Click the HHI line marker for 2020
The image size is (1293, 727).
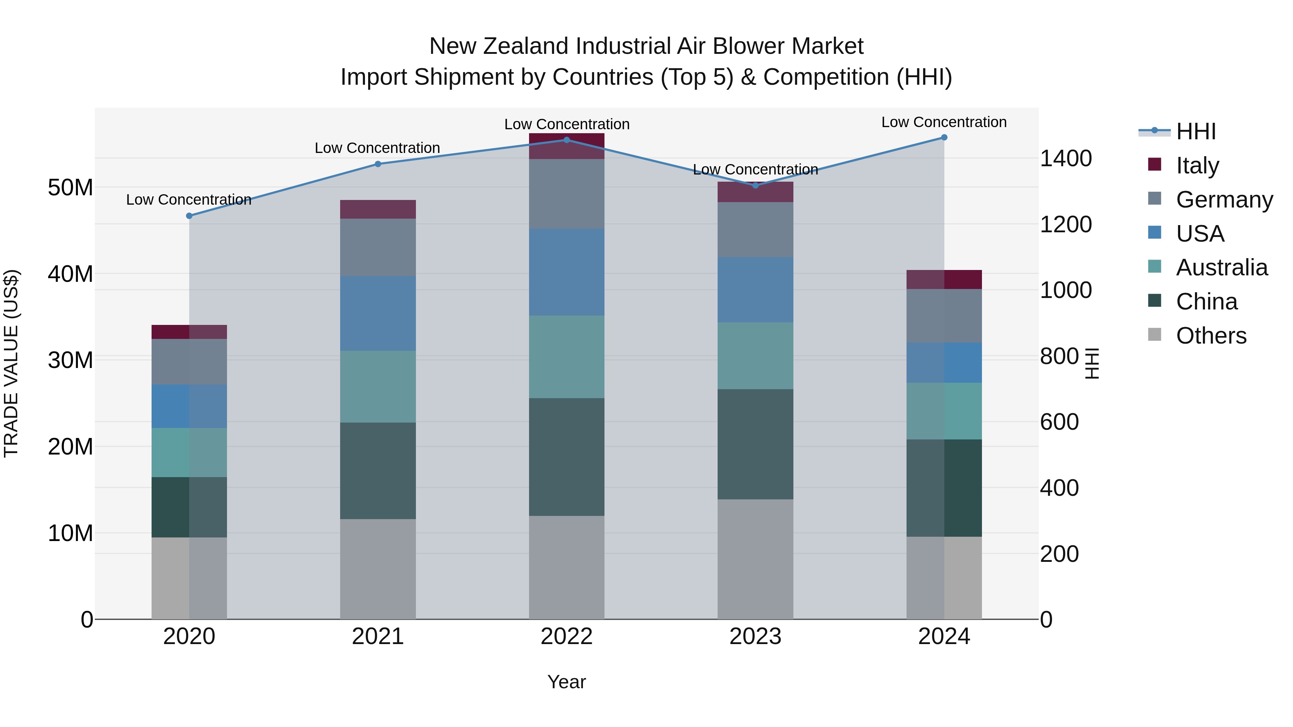(x=189, y=216)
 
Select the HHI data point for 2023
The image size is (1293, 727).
(x=755, y=186)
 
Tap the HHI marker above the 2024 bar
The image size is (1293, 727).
(x=944, y=138)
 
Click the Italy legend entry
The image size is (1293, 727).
(x=1197, y=166)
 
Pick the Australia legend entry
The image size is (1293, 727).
(x=1221, y=267)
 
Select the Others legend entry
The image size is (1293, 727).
(x=1211, y=336)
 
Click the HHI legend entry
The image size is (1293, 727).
(x=1196, y=131)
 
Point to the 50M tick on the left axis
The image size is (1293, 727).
(x=70, y=188)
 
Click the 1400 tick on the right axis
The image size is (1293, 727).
(x=1066, y=159)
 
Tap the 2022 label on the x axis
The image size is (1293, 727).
(x=567, y=637)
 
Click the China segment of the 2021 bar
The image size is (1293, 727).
(x=378, y=471)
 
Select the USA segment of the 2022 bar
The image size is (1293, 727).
(x=567, y=272)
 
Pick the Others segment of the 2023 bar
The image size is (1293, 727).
(x=755, y=559)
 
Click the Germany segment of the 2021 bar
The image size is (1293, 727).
(x=378, y=247)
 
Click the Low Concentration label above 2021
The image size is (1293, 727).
(x=377, y=148)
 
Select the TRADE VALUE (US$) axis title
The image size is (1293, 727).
(x=11, y=363)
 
